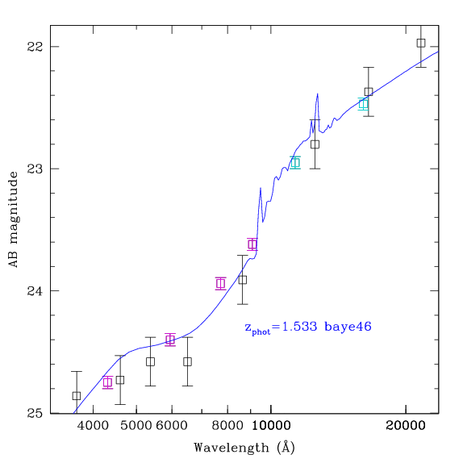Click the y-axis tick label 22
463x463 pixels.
35,46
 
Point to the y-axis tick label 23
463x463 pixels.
35,169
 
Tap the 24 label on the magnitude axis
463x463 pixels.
35,291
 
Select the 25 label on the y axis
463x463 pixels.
35,413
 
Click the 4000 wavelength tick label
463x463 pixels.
93,426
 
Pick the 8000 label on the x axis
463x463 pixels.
227,426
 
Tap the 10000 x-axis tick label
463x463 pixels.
271,426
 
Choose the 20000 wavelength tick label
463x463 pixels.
406,426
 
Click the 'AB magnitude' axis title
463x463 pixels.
13,219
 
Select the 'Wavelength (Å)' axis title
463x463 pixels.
244,448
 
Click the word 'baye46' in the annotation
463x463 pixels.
348,327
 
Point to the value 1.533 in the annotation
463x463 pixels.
299,327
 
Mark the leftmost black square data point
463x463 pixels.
77,396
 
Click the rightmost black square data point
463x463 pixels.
421,43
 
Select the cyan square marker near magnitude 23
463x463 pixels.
295,162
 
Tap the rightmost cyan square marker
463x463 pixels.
363,104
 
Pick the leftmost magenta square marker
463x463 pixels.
107,382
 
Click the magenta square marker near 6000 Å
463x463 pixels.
170,340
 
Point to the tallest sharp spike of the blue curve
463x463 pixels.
318,94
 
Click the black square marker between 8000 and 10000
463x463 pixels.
243,280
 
